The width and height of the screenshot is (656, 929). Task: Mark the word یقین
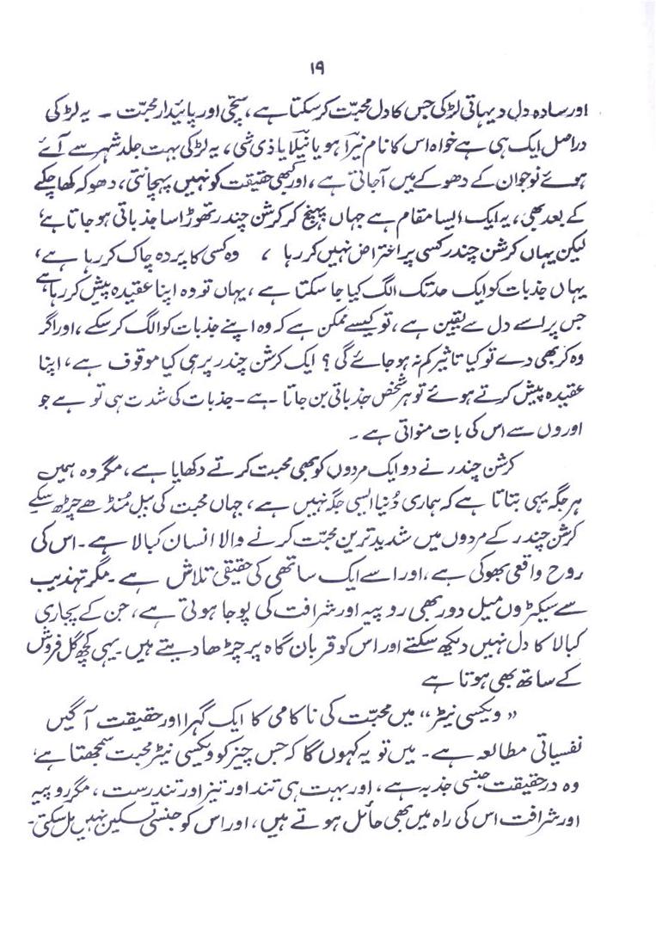(x=493, y=328)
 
